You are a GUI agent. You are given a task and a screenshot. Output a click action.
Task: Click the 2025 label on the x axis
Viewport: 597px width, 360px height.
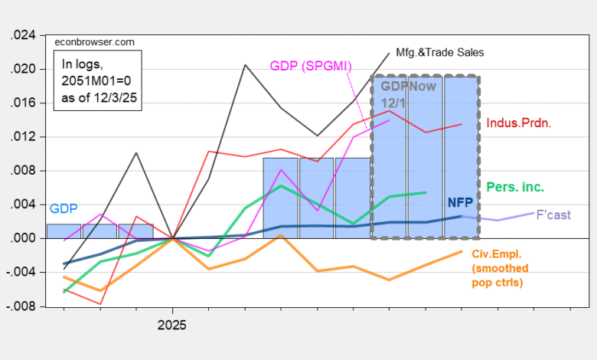(172, 326)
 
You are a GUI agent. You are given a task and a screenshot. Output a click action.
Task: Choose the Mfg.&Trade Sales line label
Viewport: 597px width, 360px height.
(440, 52)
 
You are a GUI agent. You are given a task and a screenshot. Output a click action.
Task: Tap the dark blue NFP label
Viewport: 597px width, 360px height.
(461, 203)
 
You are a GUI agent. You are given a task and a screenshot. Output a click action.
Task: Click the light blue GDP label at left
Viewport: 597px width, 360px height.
(64, 208)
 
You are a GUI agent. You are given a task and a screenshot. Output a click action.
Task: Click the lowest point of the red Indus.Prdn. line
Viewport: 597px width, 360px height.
(100, 304)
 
